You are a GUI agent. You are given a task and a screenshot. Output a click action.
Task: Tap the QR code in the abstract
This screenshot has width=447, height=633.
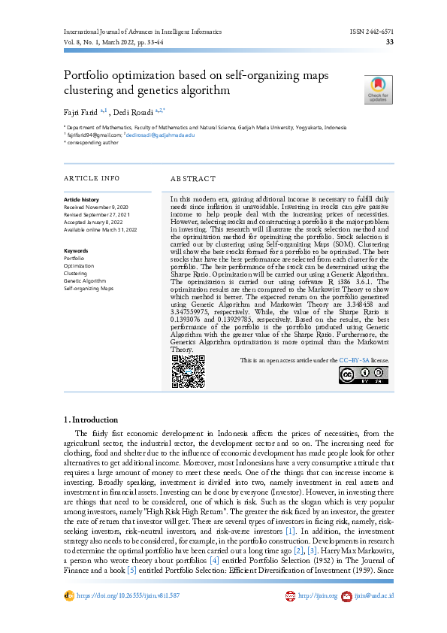(x=188, y=371)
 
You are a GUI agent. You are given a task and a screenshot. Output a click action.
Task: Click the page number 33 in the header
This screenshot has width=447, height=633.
(x=389, y=42)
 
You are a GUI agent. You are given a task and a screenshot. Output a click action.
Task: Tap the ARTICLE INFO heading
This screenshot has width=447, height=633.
(x=92, y=178)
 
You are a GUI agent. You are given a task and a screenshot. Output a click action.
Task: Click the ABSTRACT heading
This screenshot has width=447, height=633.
(x=193, y=179)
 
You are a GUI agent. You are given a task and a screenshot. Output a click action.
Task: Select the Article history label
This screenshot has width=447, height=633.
(x=80, y=199)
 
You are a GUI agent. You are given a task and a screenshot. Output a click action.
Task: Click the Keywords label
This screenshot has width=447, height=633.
(x=77, y=250)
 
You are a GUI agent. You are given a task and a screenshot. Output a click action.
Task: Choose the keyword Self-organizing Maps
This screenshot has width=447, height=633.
(x=89, y=288)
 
